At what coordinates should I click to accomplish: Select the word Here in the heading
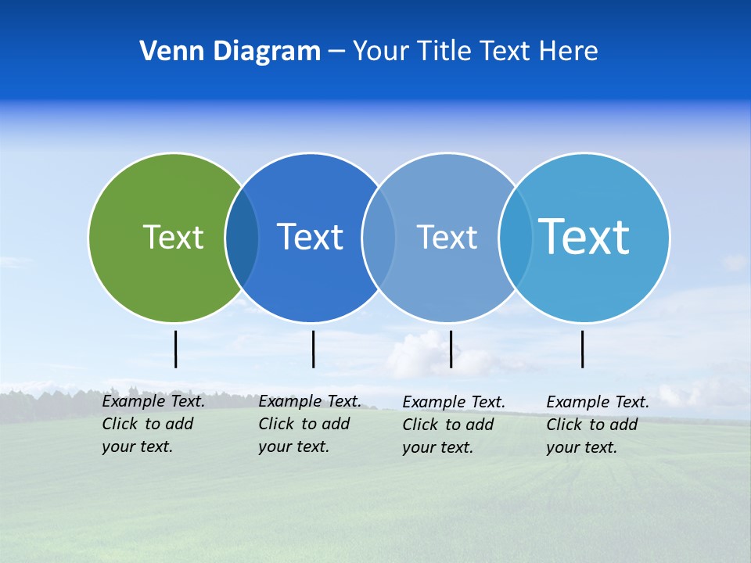pyautogui.click(x=567, y=52)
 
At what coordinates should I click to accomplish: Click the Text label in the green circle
pyautogui.click(x=173, y=237)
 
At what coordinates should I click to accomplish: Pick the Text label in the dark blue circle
pyautogui.click(x=310, y=237)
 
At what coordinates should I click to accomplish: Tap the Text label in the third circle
pyautogui.click(x=447, y=237)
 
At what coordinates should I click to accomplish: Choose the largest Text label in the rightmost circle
pyautogui.click(x=584, y=237)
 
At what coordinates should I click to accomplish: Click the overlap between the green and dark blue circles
pyautogui.click(x=242, y=238)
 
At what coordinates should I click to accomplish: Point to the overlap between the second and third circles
pyautogui.click(x=379, y=238)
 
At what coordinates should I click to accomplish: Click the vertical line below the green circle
pyautogui.click(x=175, y=349)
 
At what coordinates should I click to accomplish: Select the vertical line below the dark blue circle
pyautogui.click(x=313, y=349)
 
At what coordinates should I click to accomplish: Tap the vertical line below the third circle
pyautogui.click(x=451, y=349)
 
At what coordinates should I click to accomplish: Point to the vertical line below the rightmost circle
pyautogui.click(x=582, y=349)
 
